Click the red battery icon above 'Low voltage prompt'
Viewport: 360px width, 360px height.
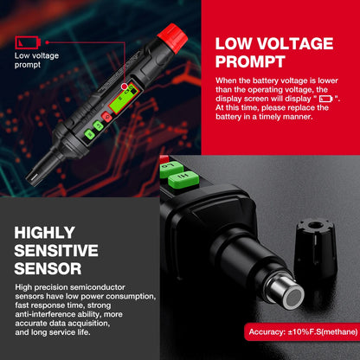coord(28,42)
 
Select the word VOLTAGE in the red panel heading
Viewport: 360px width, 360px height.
coord(295,43)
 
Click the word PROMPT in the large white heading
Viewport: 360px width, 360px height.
coord(250,61)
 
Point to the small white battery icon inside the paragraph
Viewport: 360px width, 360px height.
coord(326,99)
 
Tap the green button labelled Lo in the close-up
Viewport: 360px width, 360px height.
coord(171,169)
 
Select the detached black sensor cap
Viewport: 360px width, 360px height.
coord(315,249)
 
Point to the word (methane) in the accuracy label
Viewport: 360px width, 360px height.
coord(339,331)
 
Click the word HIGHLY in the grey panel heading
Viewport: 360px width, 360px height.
coord(45,233)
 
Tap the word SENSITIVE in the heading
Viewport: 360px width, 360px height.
coord(56,250)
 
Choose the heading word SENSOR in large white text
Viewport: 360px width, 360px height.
coord(48,268)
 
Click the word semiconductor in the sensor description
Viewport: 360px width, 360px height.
coord(98,287)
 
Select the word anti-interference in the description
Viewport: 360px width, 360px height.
coord(45,314)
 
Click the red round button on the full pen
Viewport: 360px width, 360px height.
coord(106,117)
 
